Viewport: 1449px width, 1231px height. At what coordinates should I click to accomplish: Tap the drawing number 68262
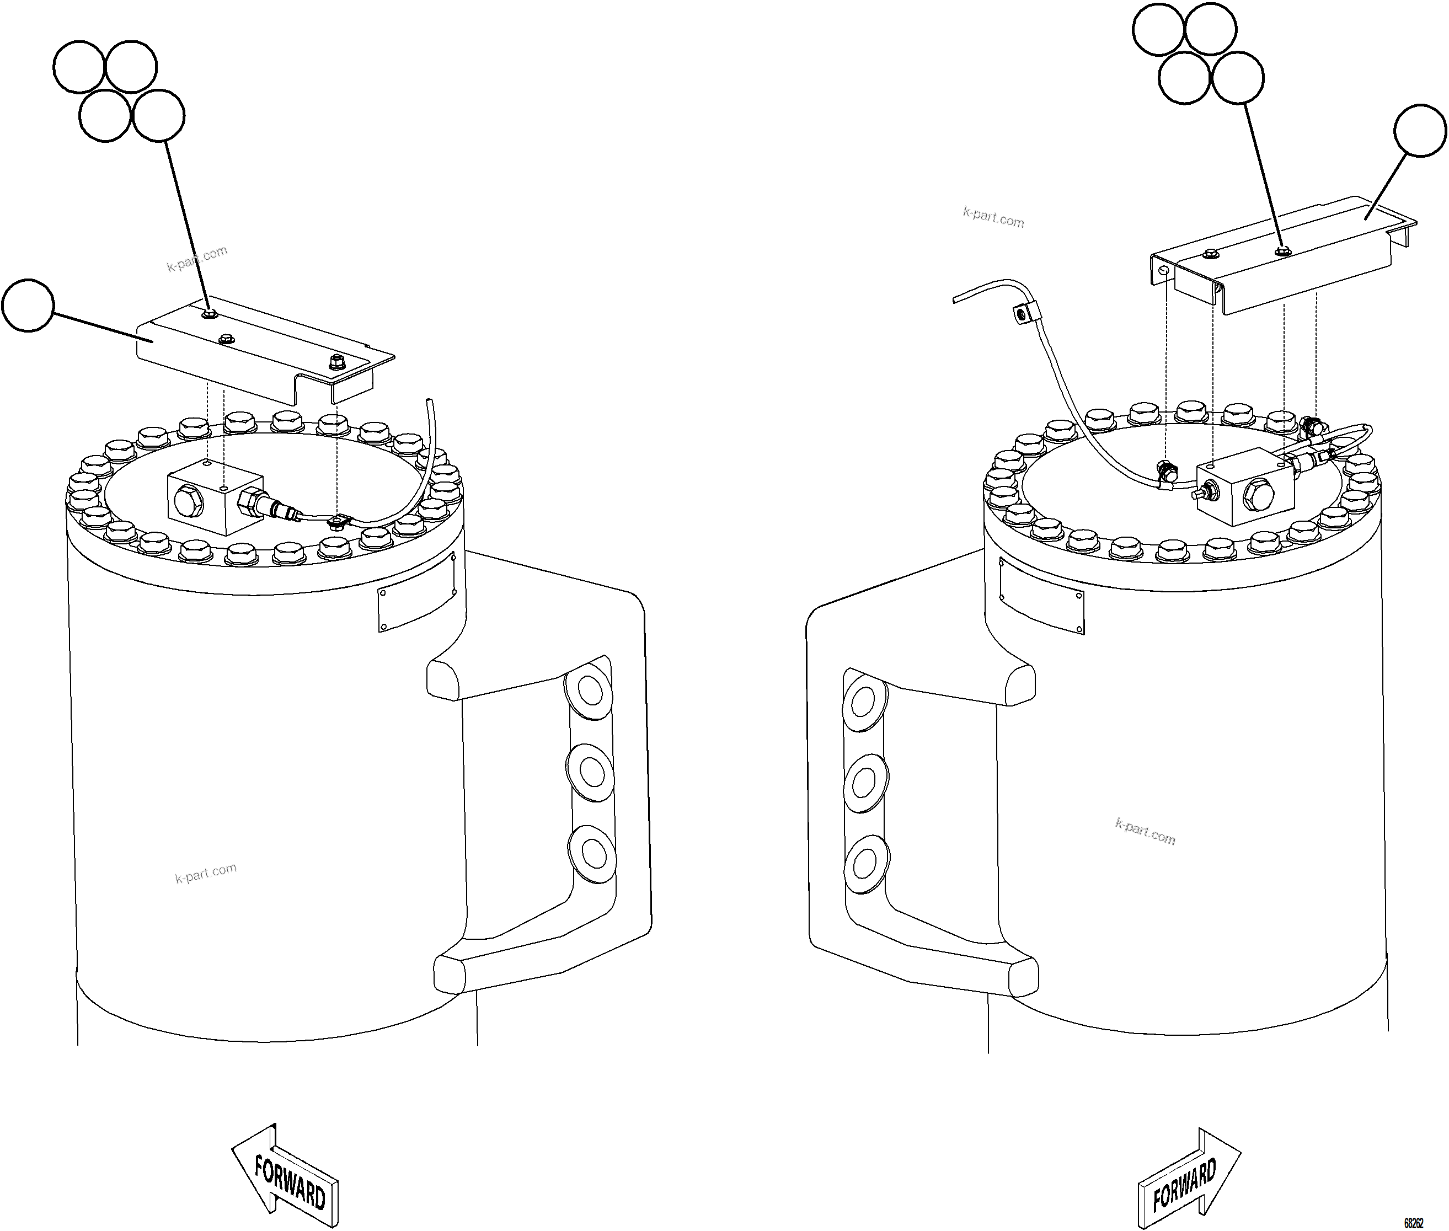click(1413, 1223)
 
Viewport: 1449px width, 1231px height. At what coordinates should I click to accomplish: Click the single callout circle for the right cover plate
click(1420, 131)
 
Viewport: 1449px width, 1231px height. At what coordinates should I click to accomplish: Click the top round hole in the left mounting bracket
click(591, 693)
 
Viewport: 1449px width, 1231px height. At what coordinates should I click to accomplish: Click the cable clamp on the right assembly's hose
click(1022, 315)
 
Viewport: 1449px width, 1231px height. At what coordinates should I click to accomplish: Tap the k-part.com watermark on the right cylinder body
click(1145, 831)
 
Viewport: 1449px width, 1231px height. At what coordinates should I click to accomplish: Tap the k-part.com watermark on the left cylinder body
click(205, 873)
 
